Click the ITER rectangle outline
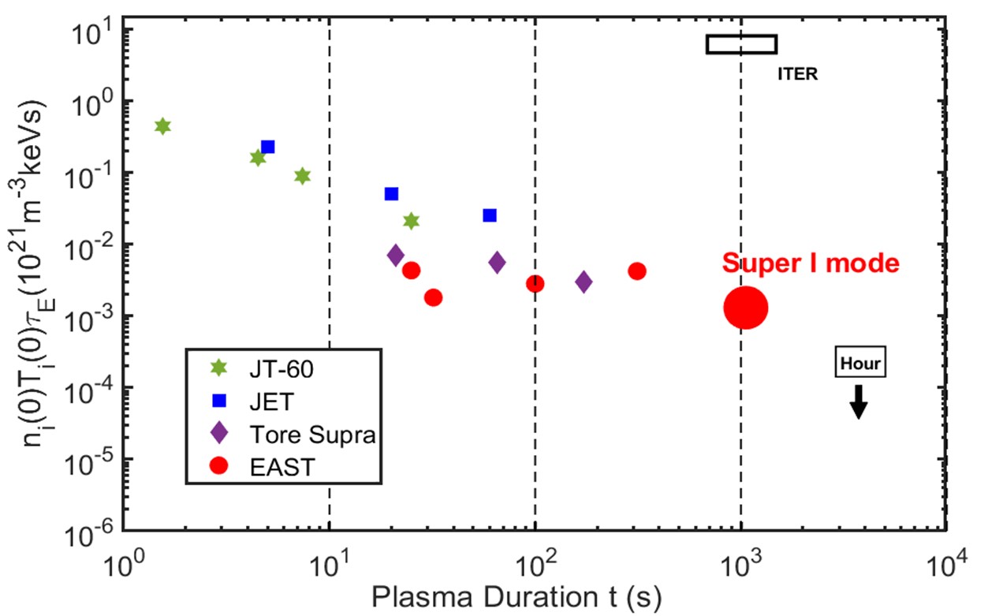tap(741, 44)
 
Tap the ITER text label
tap(797, 76)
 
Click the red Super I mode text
tap(811, 263)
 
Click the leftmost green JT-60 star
tap(162, 126)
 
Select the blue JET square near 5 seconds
tap(268, 147)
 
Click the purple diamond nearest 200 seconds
tap(583, 282)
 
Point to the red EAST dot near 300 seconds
tap(637, 271)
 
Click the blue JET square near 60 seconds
tap(490, 215)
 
